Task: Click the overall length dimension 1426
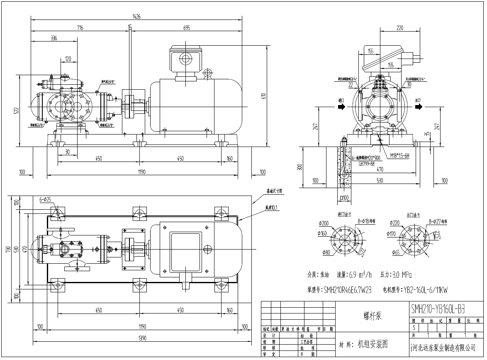point(136,17)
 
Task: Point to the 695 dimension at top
point(186,28)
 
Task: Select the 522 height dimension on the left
point(16,110)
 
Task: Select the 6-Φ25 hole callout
point(45,200)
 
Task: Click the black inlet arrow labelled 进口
point(341,107)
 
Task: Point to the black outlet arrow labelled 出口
point(419,107)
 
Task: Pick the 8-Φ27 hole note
point(438,222)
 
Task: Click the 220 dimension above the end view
point(399,28)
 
